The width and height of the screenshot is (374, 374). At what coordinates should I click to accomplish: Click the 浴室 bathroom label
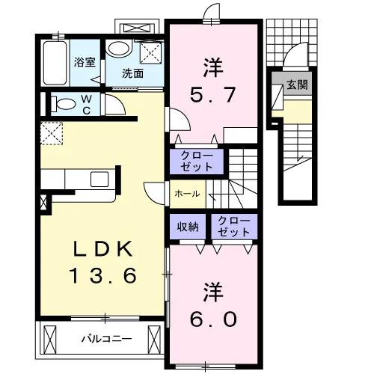coord(85,61)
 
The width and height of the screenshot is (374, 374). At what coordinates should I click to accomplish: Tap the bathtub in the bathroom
coord(55,63)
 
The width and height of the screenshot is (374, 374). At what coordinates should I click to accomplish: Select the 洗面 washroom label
coord(132,73)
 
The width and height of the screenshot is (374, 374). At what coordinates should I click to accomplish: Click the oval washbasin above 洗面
coord(119,49)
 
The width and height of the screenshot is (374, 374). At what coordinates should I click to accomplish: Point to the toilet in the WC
coord(64,104)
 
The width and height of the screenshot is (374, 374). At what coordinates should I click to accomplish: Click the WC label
coord(86,105)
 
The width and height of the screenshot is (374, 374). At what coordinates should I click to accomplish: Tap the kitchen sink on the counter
coord(99,179)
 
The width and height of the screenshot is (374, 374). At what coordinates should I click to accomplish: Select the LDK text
coord(102,249)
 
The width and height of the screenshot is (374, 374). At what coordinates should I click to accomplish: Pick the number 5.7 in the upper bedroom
coord(212,94)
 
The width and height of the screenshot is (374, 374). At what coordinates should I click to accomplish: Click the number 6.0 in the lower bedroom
coord(213,319)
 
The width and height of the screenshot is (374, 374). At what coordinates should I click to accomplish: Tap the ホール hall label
coord(187,194)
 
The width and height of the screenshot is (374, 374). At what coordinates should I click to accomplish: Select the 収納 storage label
coord(188,227)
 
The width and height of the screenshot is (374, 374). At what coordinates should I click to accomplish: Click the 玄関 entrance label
coord(297,85)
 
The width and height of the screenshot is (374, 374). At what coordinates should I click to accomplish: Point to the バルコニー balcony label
coord(107,339)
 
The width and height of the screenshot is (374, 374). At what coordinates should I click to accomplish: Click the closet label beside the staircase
coord(197,161)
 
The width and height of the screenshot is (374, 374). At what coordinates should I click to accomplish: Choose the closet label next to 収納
coord(234,227)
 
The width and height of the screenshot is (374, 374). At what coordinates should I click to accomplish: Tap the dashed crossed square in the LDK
coord(52,133)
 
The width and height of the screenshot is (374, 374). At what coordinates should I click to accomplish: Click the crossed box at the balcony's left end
coord(50,340)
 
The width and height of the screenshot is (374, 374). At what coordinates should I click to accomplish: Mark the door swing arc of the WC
coord(118,100)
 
